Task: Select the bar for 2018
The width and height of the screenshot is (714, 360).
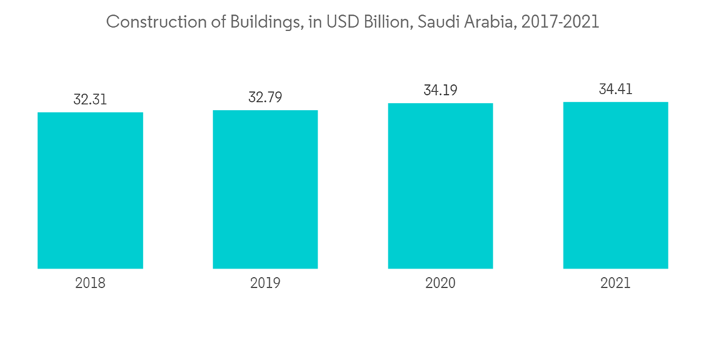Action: point(90,190)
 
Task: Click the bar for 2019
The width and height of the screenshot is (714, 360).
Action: point(265,189)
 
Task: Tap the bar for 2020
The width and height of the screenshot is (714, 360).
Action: point(441,186)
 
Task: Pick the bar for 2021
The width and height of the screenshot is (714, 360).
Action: point(615,185)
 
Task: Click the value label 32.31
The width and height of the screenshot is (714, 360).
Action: point(90,99)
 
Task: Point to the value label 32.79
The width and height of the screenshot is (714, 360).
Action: point(265,97)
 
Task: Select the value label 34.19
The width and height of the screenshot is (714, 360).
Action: point(441,90)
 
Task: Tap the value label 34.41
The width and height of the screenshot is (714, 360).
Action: point(615,89)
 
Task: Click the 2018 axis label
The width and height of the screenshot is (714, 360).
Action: point(90,283)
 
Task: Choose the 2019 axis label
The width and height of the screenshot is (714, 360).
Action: point(265,283)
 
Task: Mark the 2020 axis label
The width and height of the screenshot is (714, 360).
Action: point(441,283)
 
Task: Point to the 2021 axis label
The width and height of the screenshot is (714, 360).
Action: point(615,283)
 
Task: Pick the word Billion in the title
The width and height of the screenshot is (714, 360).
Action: point(386,22)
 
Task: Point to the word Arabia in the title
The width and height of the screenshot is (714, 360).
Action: point(488,22)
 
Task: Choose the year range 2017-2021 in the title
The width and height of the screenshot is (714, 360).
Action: point(560,22)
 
